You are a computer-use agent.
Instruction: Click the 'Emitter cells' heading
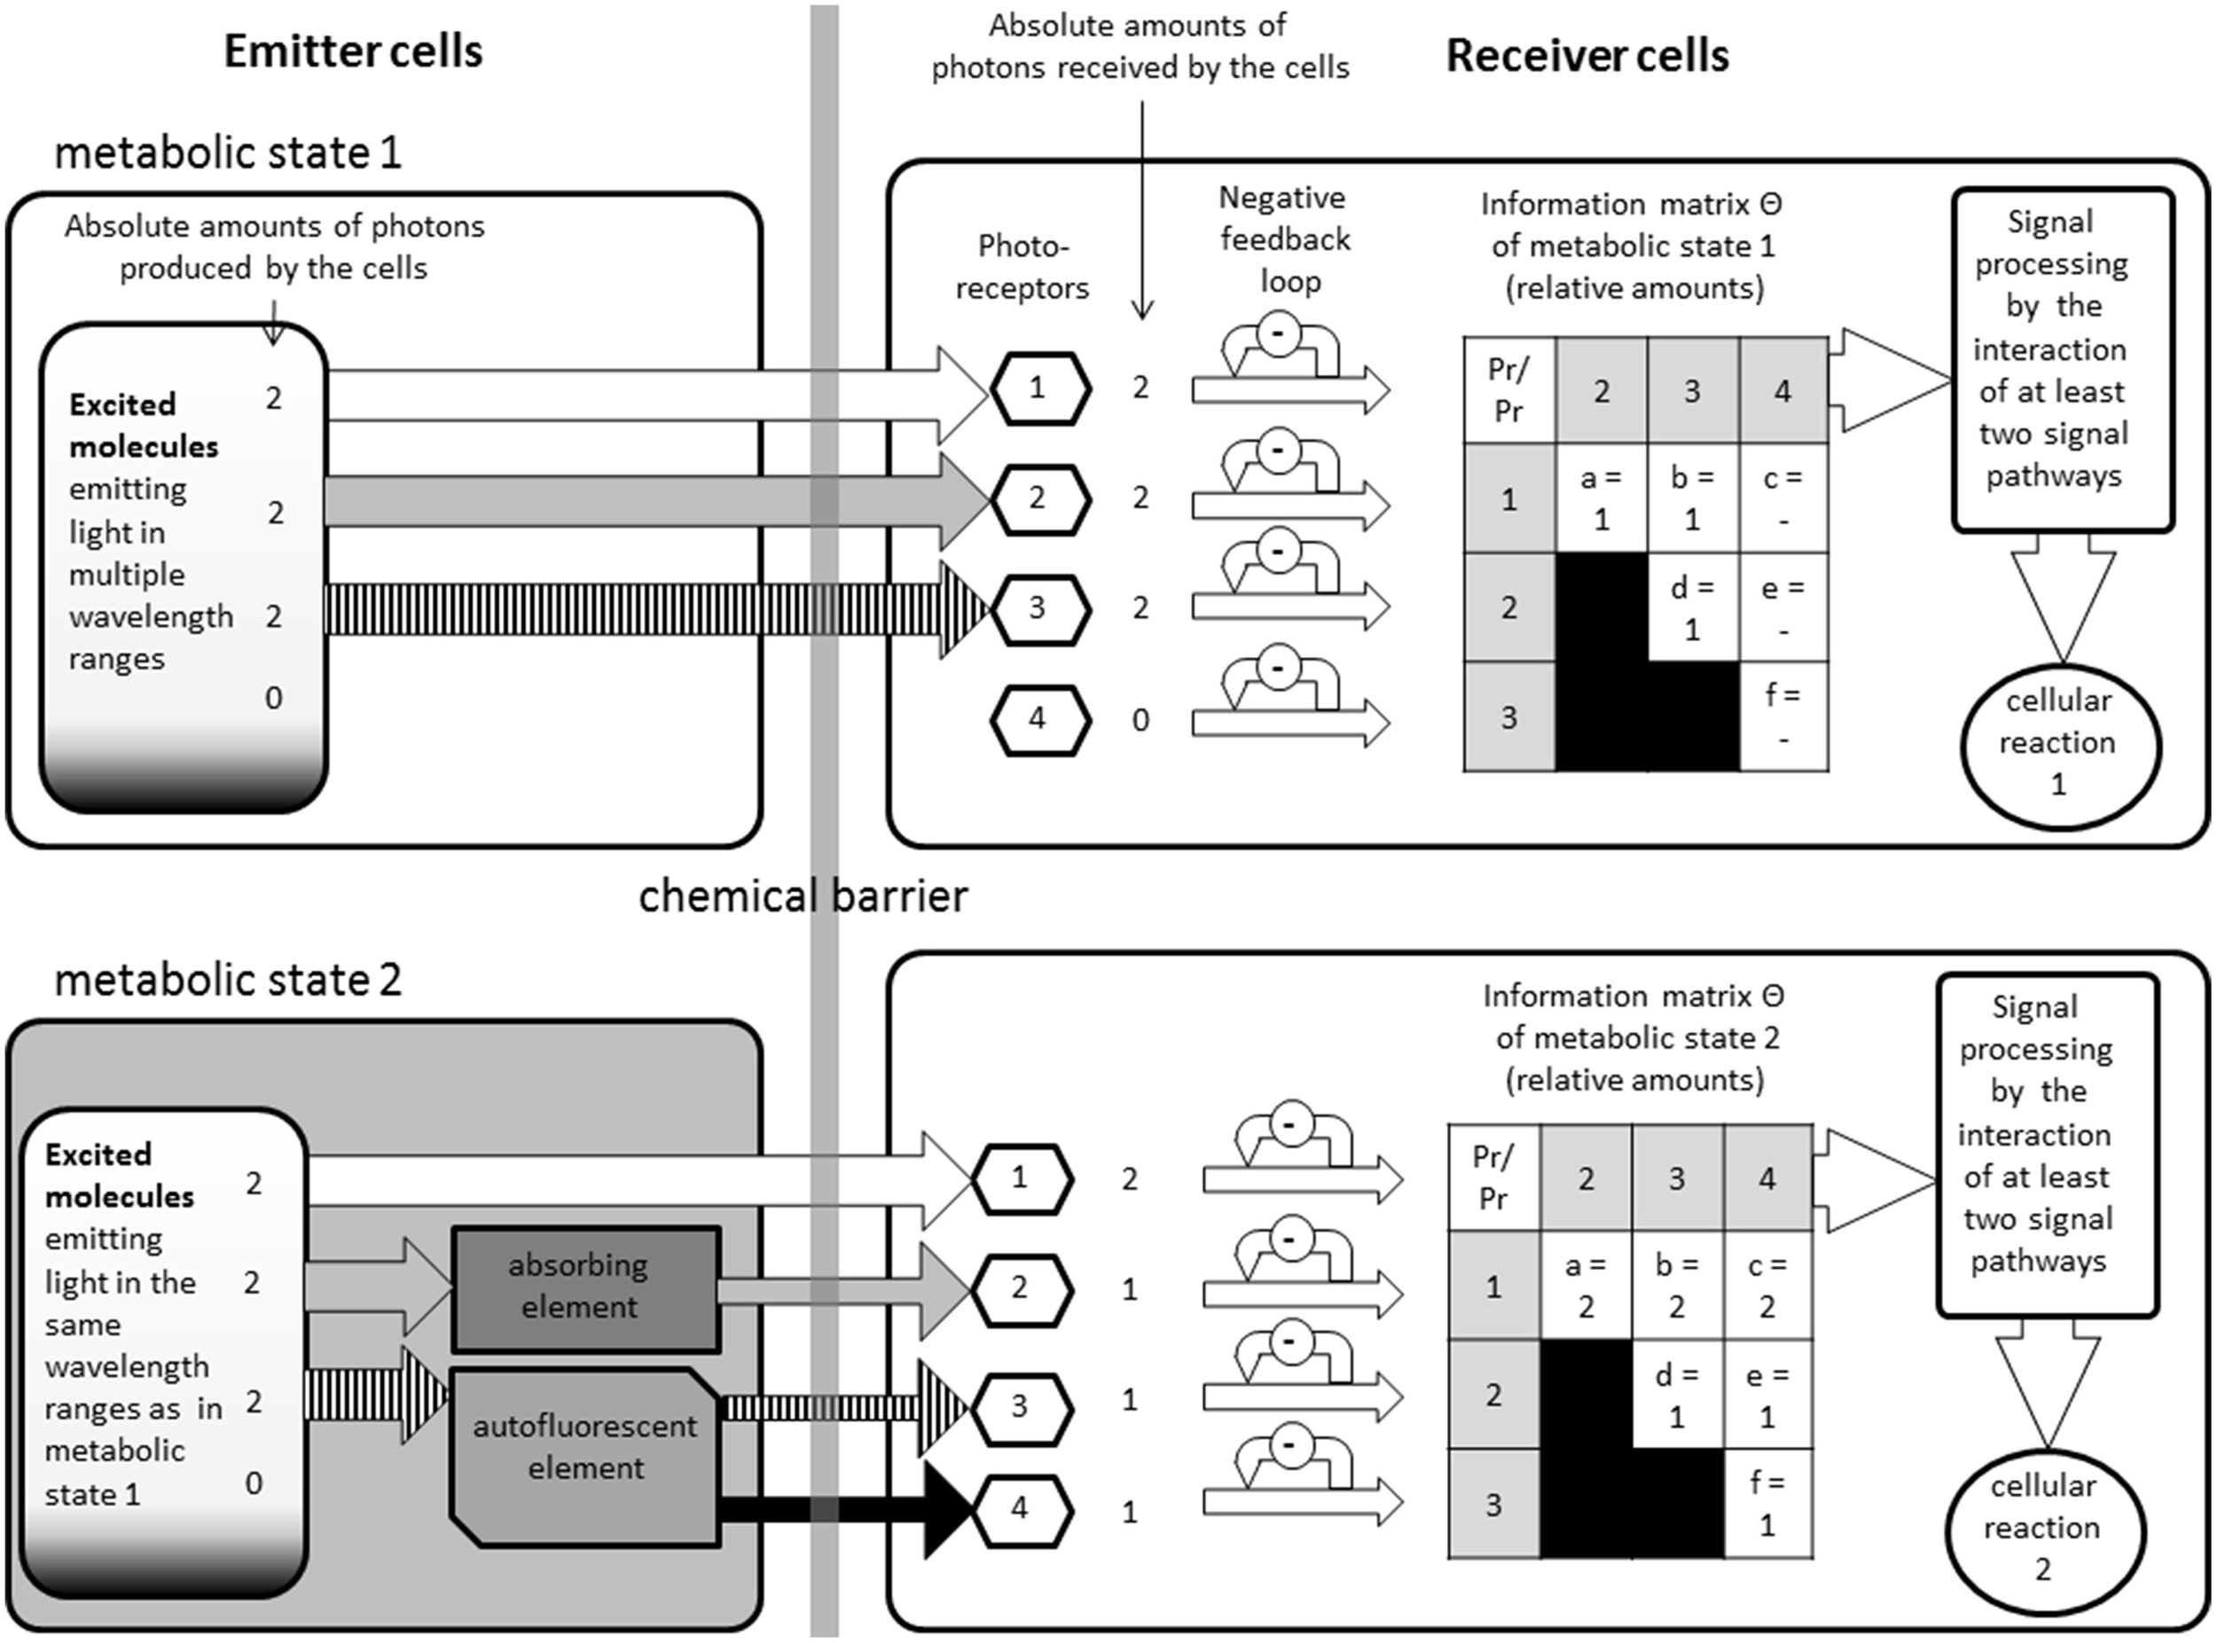point(353,51)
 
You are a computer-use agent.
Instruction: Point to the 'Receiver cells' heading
point(1586,56)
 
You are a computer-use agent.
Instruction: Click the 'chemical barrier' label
point(802,896)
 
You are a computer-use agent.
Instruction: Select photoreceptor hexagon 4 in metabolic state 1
point(1038,719)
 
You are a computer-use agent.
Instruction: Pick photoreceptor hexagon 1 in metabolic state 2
point(1021,1178)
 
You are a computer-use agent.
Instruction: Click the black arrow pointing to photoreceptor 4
point(845,1509)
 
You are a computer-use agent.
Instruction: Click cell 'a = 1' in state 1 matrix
point(1601,497)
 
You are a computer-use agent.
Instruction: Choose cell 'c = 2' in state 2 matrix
point(1767,1285)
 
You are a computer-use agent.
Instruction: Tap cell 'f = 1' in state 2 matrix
point(1767,1503)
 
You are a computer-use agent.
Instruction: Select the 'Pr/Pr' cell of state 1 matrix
point(1508,390)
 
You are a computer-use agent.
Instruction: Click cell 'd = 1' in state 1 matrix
point(1691,607)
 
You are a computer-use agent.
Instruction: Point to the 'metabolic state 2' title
point(228,981)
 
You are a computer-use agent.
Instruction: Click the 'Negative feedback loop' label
point(1284,239)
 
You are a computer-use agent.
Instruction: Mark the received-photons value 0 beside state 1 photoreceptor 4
point(1140,720)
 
